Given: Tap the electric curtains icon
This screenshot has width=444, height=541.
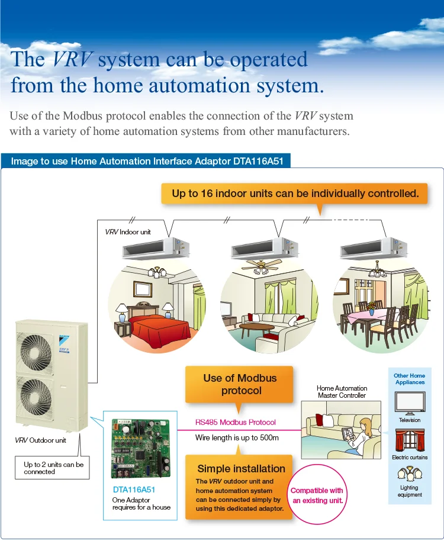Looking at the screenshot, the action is [409, 440].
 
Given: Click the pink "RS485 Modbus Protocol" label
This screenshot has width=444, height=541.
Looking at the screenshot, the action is [235, 422].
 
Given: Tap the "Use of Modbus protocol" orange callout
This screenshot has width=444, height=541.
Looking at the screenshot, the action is [240, 384].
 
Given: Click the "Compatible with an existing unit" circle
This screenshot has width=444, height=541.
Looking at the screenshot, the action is [317, 495].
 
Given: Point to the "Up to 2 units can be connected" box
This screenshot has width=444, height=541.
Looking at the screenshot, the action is [54, 468].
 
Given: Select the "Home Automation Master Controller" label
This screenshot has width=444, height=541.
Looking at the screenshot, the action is [342, 392].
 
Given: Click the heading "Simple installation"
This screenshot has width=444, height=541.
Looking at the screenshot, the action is [241, 468].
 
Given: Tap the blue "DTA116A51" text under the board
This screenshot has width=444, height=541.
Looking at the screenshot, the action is [134, 490].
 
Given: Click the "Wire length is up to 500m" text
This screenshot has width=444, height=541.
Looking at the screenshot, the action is [237, 438].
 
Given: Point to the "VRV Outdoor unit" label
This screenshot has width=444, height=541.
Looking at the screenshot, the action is [41, 440].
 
